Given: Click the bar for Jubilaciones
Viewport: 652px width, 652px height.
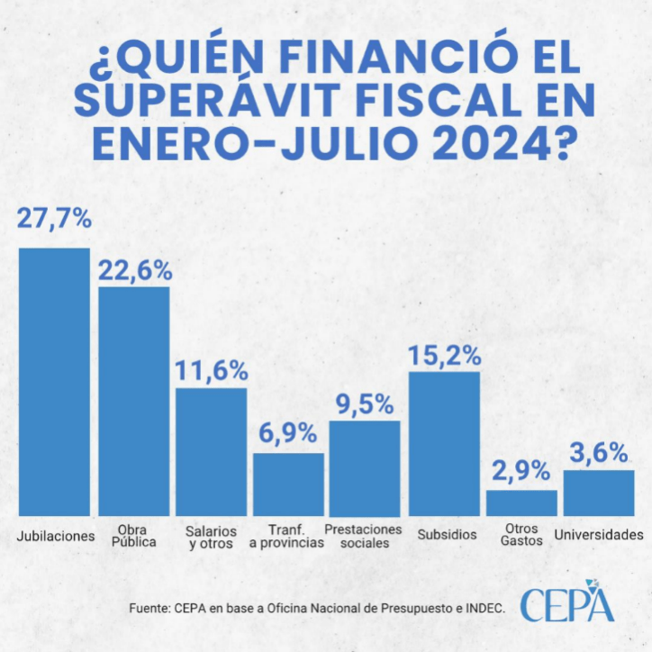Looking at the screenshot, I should (55, 381).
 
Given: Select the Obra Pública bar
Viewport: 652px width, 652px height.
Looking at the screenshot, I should (133, 401).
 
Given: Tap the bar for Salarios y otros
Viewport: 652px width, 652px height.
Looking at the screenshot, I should (211, 451).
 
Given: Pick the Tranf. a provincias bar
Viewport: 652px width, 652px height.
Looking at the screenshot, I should (288, 484).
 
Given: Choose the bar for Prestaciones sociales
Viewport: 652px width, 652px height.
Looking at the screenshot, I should (365, 467).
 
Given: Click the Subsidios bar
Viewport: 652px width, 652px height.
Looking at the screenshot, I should (444, 443).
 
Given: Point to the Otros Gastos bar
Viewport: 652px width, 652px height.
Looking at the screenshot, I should (522, 503).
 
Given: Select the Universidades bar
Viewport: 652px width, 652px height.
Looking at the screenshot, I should (599, 493).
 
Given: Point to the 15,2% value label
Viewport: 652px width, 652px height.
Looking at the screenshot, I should (444, 355).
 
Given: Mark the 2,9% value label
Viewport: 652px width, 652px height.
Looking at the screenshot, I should (523, 470).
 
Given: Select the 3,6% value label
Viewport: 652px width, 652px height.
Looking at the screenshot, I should (600, 452).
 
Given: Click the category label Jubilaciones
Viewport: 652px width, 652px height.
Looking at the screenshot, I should (56, 536).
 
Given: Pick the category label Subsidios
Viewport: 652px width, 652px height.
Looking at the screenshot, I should (447, 535).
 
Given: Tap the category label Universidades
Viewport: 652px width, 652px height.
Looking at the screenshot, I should (599, 535).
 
